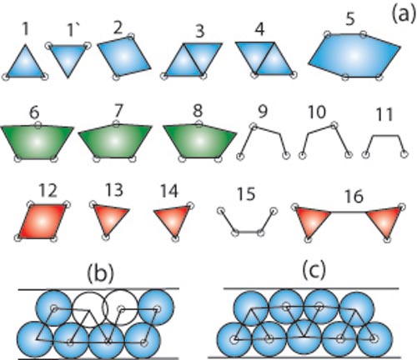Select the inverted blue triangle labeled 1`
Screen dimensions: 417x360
(x=68, y=57)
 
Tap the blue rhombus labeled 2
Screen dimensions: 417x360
(x=124, y=57)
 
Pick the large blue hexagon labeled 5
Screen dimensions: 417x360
(x=354, y=56)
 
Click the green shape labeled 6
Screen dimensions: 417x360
(x=38, y=142)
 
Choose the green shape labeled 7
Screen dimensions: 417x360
(x=115, y=142)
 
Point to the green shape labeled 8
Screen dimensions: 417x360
(x=199, y=142)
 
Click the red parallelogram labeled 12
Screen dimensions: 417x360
(x=42, y=222)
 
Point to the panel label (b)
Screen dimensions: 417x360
(x=101, y=273)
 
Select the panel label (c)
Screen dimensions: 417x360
(x=314, y=272)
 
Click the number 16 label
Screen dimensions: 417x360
(x=354, y=196)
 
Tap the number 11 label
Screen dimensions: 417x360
(x=384, y=115)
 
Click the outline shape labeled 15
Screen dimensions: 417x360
(x=248, y=232)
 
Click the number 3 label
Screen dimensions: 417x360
(x=200, y=32)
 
